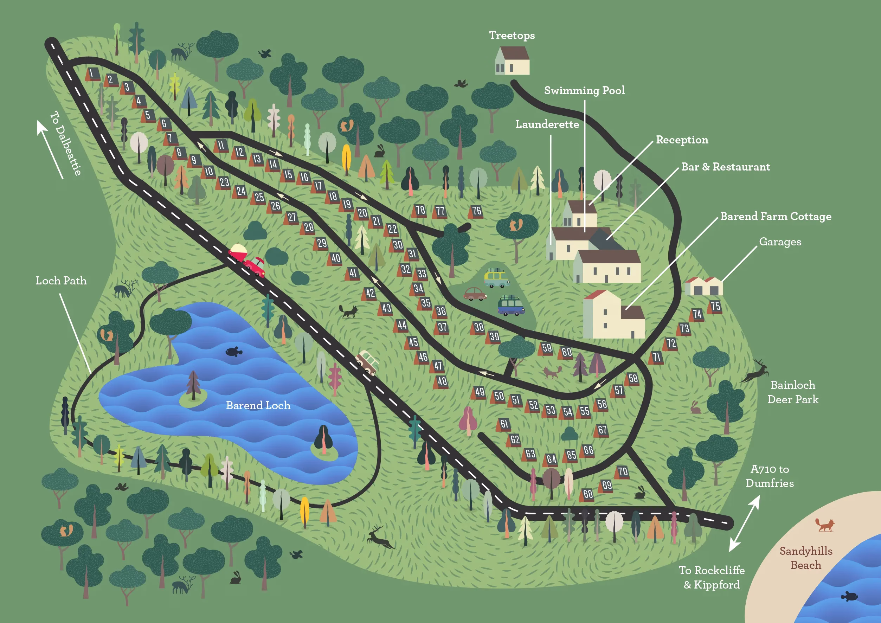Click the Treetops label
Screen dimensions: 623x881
[x=512, y=36]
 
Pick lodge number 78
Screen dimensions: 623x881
[x=420, y=211]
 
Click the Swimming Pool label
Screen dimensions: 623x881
[x=584, y=91]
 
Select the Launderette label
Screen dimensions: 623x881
[x=547, y=125]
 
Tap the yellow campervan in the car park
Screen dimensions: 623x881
[x=496, y=278]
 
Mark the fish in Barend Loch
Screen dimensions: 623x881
[x=233, y=351]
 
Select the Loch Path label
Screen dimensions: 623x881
[x=61, y=281]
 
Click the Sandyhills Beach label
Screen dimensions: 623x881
[x=806, y=558]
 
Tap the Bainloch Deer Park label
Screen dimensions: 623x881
[x=793, y=392]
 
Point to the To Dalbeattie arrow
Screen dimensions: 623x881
[x=50, y=150]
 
